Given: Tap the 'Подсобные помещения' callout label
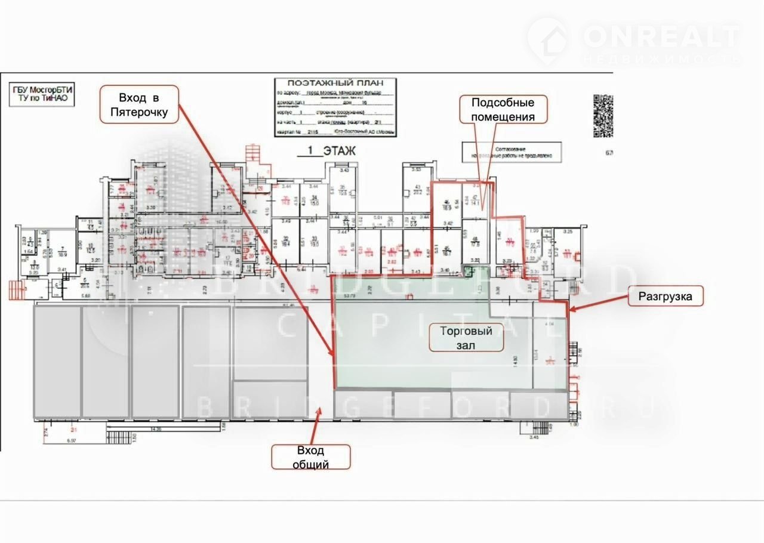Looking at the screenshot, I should (503, 109).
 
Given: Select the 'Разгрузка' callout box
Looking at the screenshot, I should (666, 296).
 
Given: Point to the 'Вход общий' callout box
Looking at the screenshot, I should (311, 457).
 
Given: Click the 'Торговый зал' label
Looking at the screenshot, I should (466, 338).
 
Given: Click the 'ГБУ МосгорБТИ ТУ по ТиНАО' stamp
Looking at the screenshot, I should (44, 96).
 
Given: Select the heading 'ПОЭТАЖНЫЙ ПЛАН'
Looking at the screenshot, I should (334, 83).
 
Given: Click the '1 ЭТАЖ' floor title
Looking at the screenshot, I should (326, 152).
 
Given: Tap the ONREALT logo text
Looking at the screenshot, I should (661, 37).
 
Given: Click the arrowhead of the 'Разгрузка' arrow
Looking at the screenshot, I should (571, 310).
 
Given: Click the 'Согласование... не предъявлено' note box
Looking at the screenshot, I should (512, 152).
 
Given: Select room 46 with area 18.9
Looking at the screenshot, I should (446, 204).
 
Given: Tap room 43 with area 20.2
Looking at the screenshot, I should (417, 190).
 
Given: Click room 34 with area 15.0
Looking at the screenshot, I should (315, 200).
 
